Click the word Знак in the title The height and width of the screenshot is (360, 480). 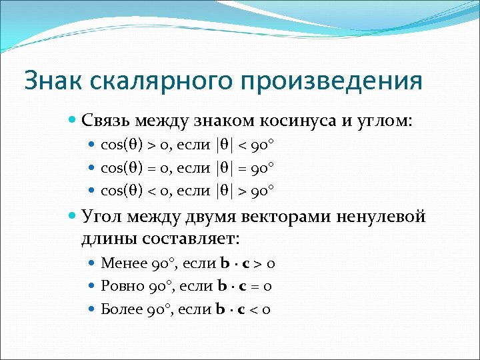50,81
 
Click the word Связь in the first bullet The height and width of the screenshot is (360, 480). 106,121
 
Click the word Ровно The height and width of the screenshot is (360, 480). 121,286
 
